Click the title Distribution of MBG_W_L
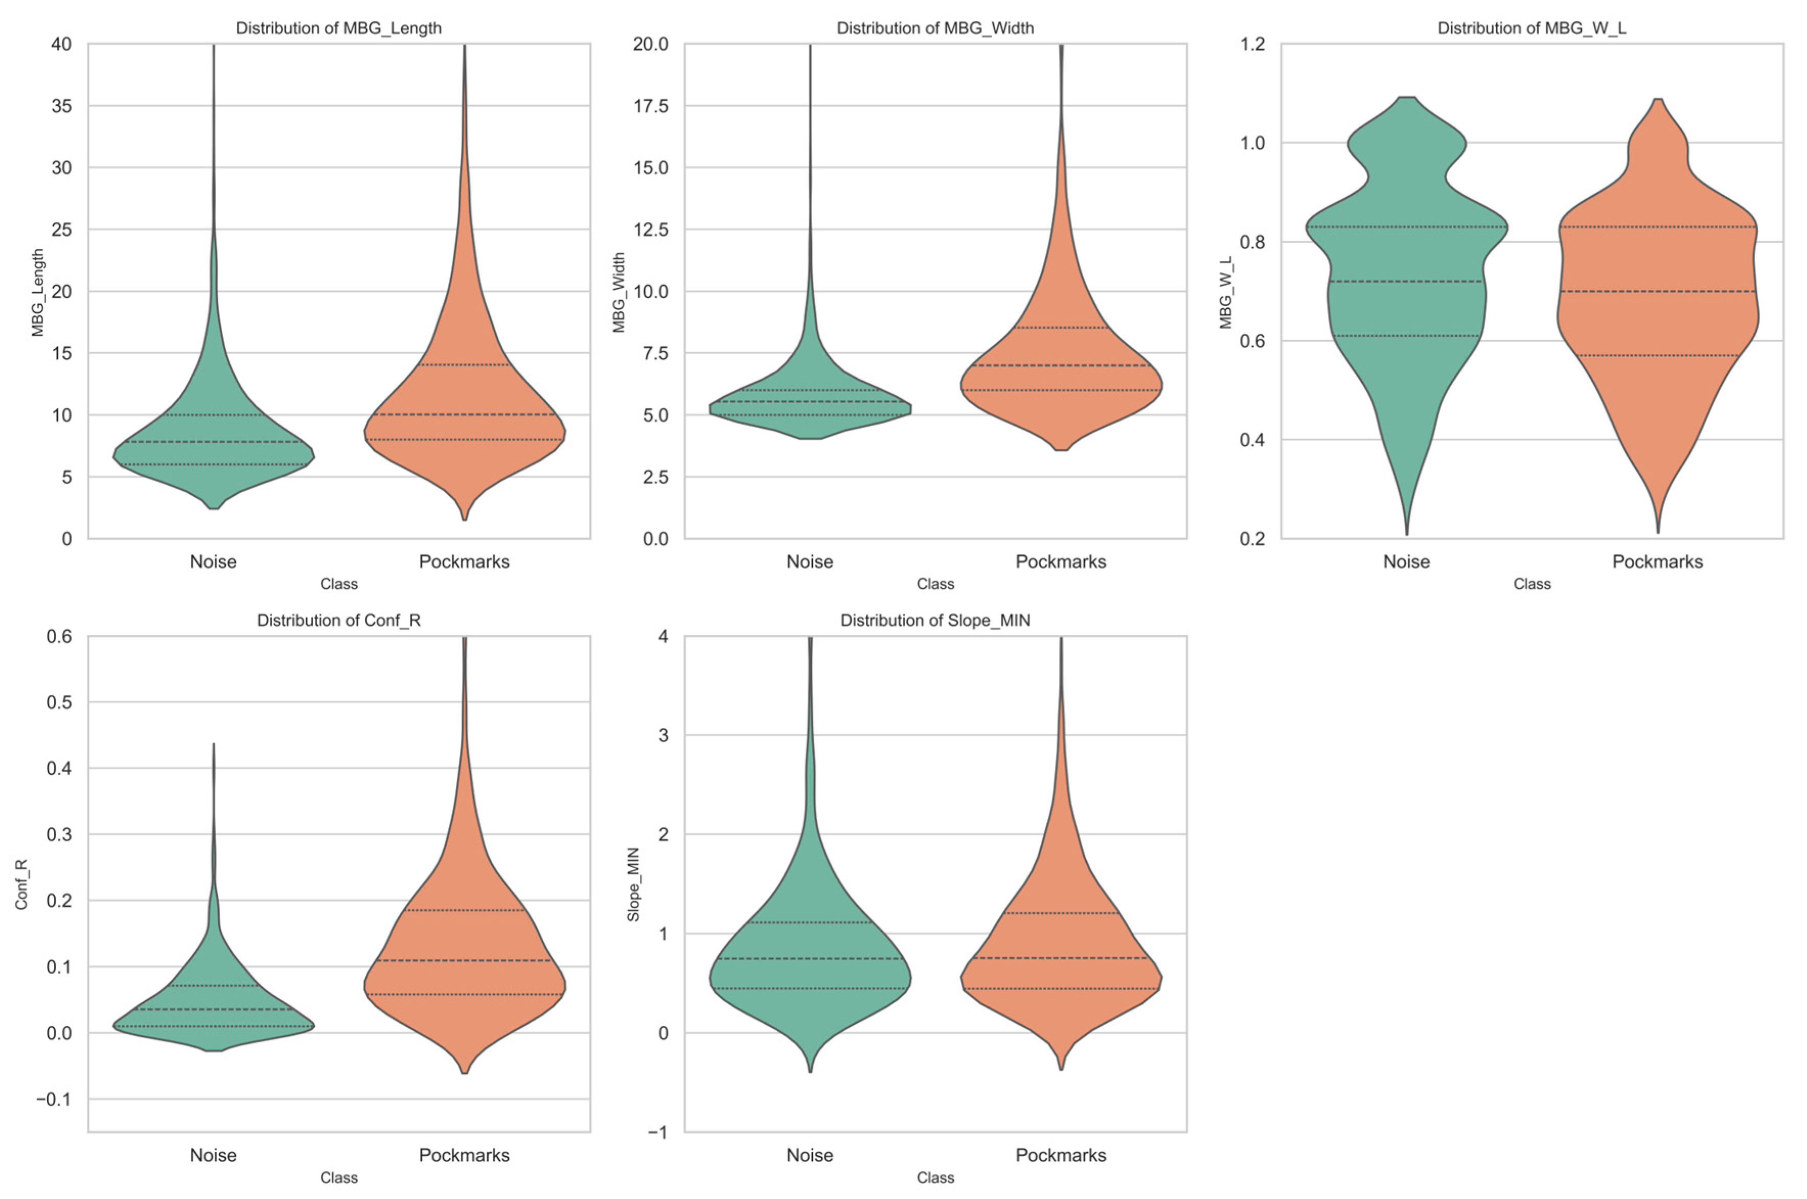click(x=1531, y=28)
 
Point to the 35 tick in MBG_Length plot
click(x=62, y=106)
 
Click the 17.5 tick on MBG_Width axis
click(x=650, y=106)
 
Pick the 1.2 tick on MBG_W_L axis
click(x=1252, y=44)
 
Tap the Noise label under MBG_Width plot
click(x=809, y=562)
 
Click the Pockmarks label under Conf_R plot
click(x=464, y=1156)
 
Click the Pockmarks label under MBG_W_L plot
click(x=1657, y=562)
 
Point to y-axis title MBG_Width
click(x=619, y=292)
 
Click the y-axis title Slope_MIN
click(x=633, y=884)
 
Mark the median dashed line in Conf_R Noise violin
click(x=213, y=1009)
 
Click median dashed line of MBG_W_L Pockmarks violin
click(x=1657, y=291)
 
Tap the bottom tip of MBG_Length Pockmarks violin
click(x=464, y=519)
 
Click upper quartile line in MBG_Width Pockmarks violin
click(x=1061, y=327)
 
